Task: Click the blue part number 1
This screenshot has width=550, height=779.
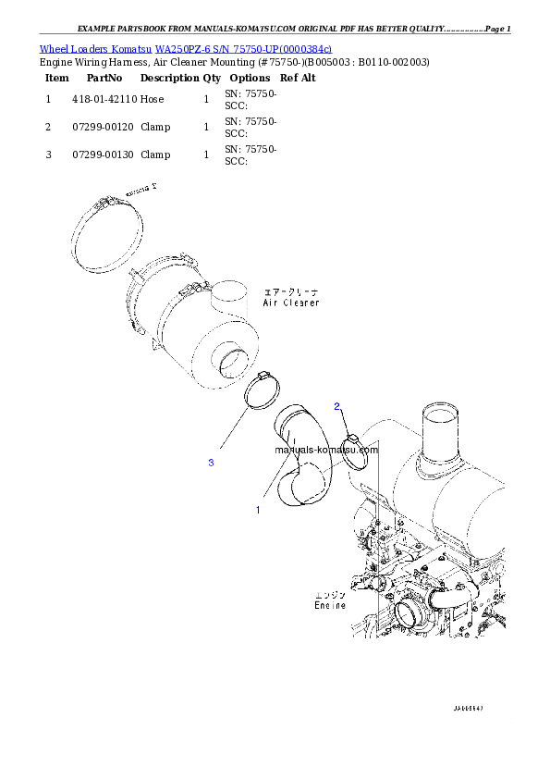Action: pos(258,509)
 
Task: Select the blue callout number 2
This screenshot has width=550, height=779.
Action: pos(337,406)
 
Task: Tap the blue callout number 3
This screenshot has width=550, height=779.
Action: pos(211,463)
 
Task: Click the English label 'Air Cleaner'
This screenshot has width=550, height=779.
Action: pos(291,303)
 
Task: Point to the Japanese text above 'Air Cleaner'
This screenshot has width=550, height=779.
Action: pos(292,292)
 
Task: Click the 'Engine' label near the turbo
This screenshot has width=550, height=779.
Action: pos(330,606)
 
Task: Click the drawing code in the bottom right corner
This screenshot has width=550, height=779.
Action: pos(469,709)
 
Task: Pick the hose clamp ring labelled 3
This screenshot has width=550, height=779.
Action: pos(265,388)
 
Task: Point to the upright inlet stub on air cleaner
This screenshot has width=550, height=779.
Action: pos(229,301)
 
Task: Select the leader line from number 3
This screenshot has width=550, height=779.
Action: pos(234,436)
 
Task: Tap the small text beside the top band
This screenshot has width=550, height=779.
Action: pos(142,189)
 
